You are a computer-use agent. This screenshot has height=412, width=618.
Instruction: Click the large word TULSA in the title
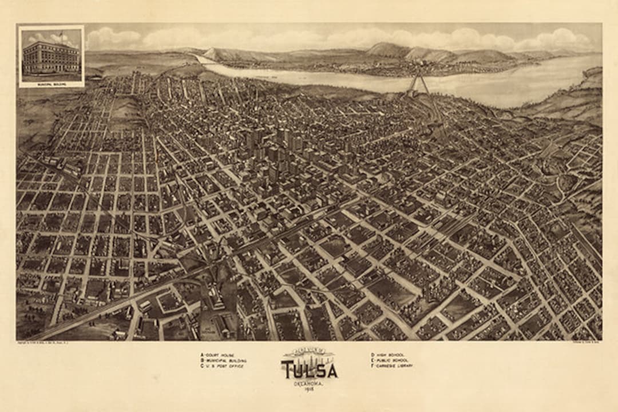pos(309,370)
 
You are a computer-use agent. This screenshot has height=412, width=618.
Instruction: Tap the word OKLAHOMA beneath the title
pos(309,383)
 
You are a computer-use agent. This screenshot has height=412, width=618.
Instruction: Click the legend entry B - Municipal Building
pos(224,360)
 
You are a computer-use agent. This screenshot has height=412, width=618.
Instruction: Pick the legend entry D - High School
pos(387,355)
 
